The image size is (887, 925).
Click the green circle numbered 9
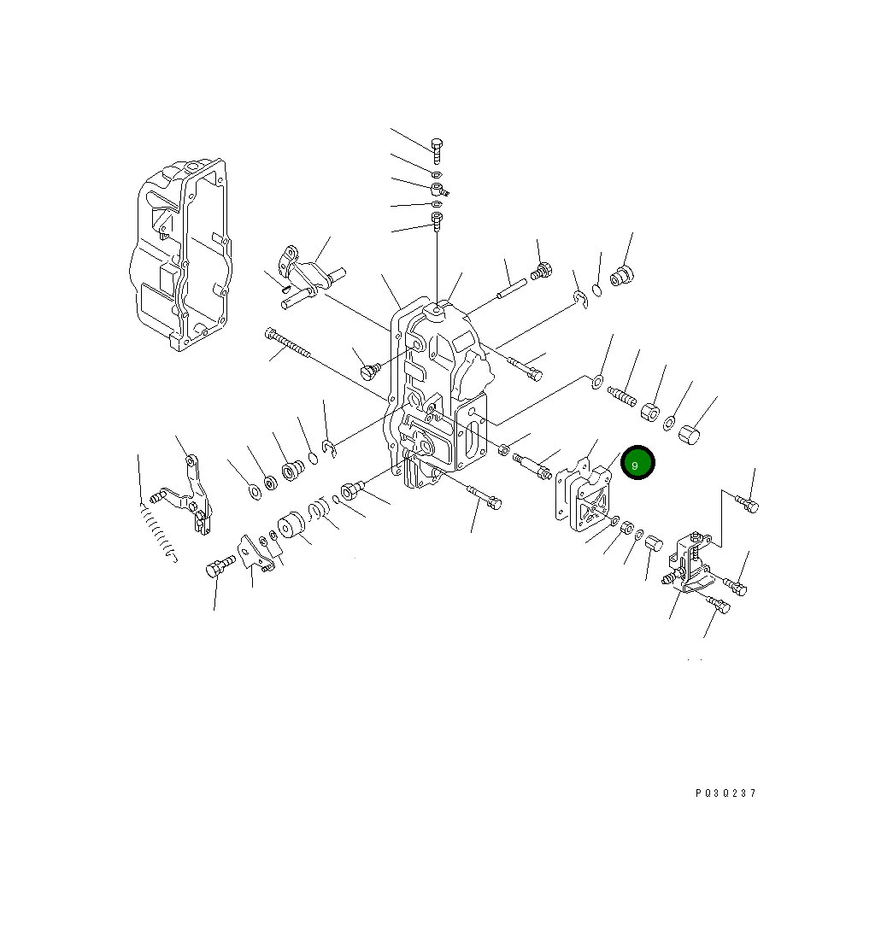[637, 463]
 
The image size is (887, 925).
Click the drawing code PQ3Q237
[725, 793]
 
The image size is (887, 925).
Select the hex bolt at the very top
[437, 151]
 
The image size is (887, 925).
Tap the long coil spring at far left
[157, 533]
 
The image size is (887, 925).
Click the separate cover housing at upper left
[180, 255]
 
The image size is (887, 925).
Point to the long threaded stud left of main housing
[287, 342]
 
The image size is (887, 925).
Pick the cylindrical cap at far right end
[689, 434]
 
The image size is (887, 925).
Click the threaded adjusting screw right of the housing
[622, 395]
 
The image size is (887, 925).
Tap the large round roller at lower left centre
[291, 525]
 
